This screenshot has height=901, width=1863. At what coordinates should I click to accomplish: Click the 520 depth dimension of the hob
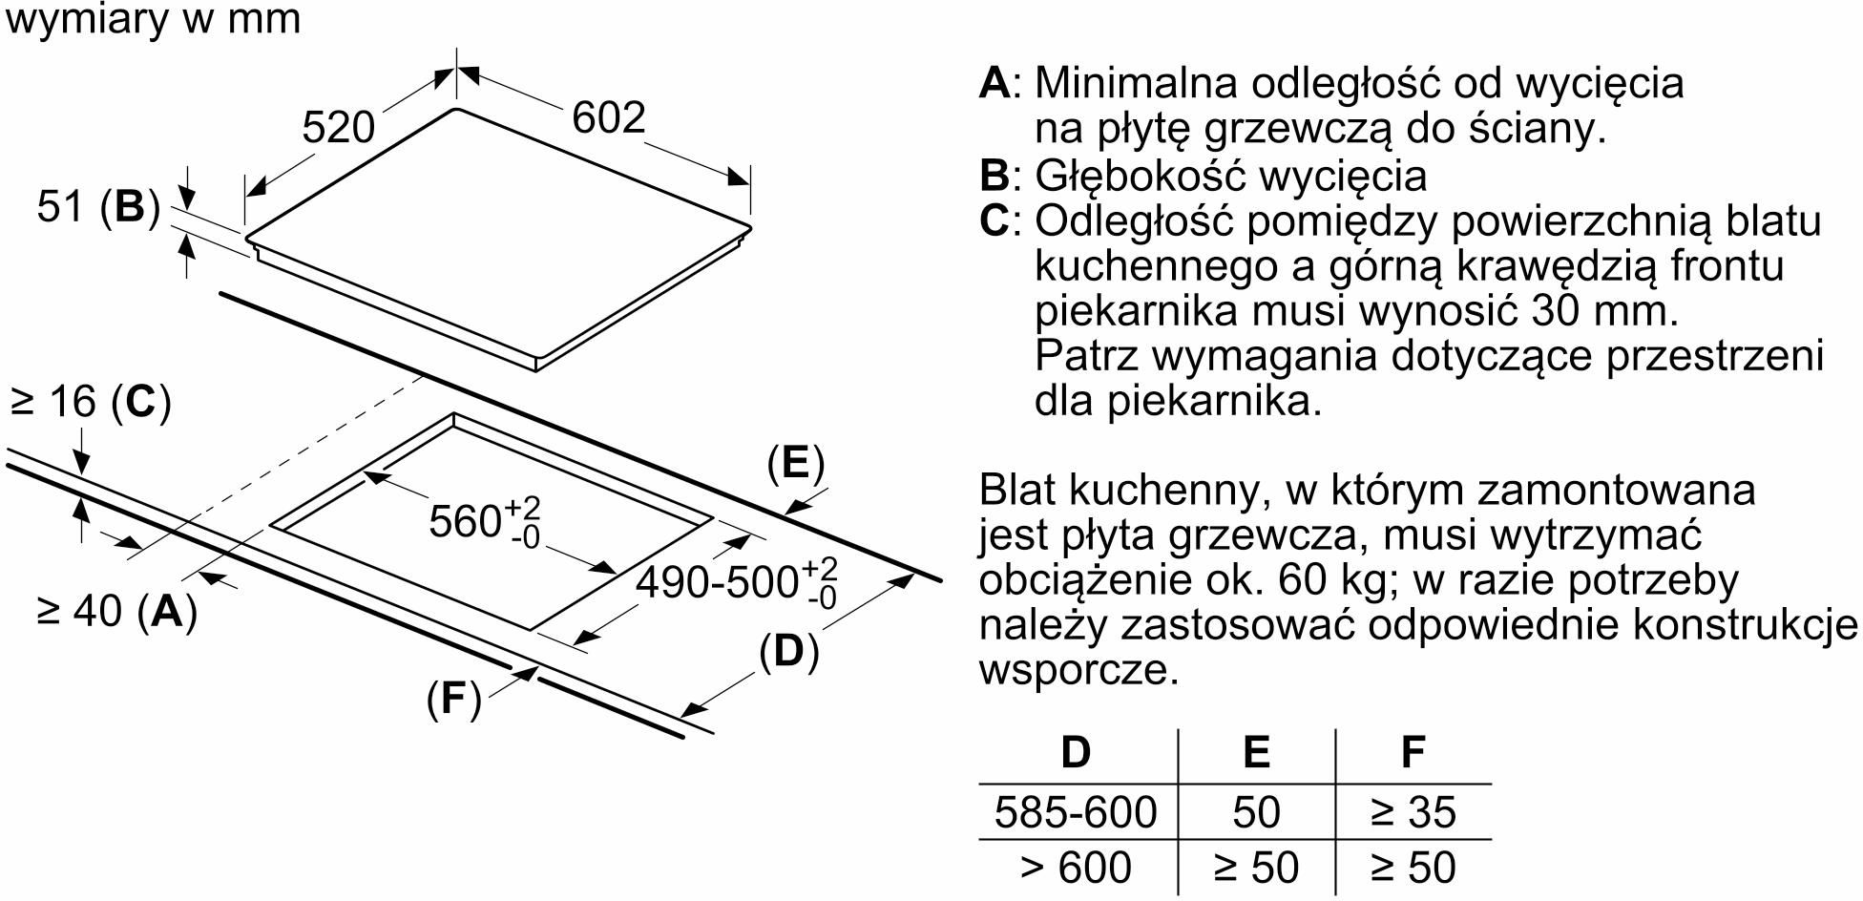pos(339,128)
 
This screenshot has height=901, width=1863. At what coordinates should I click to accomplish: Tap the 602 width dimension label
pos(609,117)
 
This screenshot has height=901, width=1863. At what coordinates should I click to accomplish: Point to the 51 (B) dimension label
pos(98,207)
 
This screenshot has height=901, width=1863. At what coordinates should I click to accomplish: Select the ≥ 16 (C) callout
pos(91,402)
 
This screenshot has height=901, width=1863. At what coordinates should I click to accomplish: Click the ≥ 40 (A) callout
pos(116,611)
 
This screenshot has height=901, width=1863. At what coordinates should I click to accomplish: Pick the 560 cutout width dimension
pos(485,520)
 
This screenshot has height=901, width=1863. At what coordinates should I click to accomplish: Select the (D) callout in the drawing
pos(789,652)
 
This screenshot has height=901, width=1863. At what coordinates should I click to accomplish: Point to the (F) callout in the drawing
pos(453,700)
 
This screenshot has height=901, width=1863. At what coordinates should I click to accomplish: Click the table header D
pos(1076,752)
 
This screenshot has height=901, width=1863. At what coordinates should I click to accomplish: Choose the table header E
pos(1256,752)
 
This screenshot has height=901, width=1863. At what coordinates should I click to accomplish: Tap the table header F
pos(1413,752)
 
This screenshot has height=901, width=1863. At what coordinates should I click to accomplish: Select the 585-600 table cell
pos(1076,812)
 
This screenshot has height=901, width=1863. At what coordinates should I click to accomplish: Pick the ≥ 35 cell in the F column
pos(1413,812)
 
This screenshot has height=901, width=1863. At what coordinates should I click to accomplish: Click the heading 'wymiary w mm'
pos(153,19)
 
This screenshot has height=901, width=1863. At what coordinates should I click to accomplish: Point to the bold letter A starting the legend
pos(994,83)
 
